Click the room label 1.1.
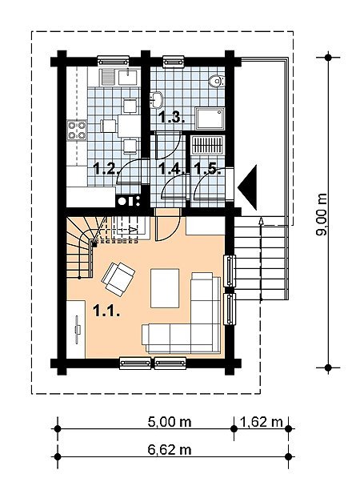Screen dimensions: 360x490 106,311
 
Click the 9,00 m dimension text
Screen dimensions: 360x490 322,215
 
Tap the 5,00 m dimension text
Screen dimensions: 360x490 170,422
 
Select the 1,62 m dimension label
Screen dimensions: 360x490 262,422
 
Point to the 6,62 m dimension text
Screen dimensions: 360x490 170,450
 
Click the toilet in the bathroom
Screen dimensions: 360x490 216,81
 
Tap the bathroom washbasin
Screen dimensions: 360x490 157,100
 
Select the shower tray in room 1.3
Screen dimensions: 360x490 210,118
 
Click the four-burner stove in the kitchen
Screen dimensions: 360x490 77,131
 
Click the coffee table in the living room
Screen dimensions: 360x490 165,288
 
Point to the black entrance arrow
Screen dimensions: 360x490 247,187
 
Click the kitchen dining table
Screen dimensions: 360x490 129,126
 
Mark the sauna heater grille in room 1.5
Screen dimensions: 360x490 208,145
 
